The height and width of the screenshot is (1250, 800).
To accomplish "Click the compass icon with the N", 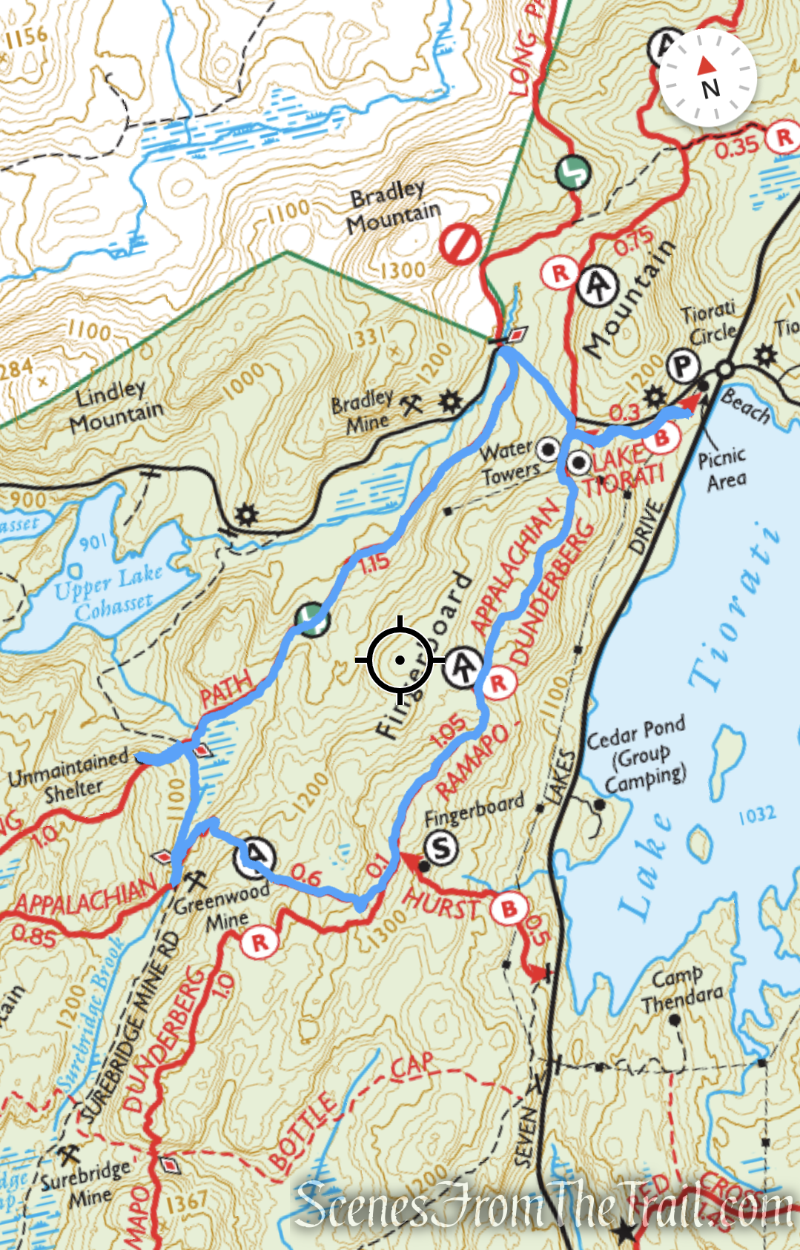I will (707, 78).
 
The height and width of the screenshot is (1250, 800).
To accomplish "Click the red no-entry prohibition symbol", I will (460, 244).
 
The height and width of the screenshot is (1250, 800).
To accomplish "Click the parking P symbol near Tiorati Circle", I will (682, 366).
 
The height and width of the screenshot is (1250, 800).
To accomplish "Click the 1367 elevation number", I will (187, 1203).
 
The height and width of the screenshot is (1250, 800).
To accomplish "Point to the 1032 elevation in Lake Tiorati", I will (756, 815).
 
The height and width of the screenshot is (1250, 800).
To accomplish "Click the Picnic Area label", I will (722, 469).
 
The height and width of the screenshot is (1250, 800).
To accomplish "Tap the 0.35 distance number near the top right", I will (737, 148).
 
